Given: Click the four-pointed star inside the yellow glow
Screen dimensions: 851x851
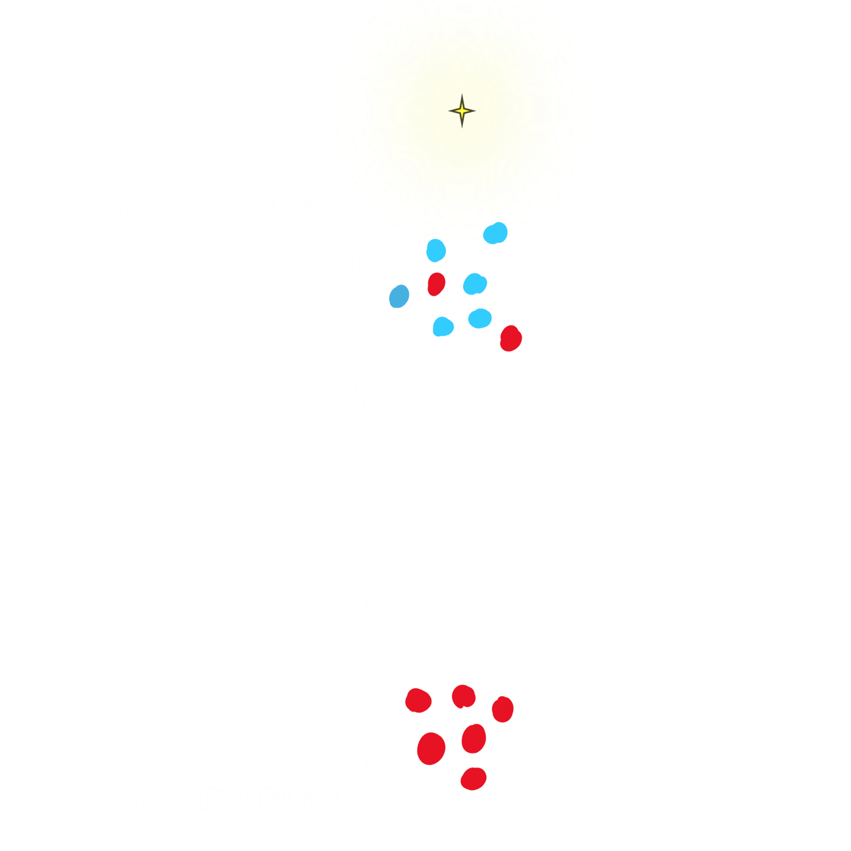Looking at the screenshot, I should pyautogui.click(x=462, y=111).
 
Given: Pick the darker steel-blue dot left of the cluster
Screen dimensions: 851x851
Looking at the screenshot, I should pyautogui.click(x=399, y=296).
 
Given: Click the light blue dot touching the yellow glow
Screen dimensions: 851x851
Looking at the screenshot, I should pyautogui.click(x=495, y=233).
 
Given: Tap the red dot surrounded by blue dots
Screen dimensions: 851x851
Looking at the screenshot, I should pyautogui.click(x=436, y=284).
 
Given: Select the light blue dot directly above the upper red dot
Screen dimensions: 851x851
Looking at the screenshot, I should pyautogui.click(x=436, y=250).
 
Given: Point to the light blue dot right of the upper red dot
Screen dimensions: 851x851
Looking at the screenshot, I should pyautogui.click(x=475, y=284).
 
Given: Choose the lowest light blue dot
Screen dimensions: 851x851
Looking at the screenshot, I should pyautogui.click(x=443, y=327).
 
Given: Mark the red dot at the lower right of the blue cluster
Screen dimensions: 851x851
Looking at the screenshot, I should pyautogui.click(x=511, y=338).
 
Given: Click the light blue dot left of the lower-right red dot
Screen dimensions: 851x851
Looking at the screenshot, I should pyautogui.click(x=480, y=318).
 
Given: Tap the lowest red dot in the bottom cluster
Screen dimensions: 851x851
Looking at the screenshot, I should pyautogui.click(x=474, y=778).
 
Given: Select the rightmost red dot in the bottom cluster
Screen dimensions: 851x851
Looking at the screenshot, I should pyautogui.click(x=503, y=709).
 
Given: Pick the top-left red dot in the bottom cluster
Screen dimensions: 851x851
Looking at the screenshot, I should pyautogui.click(x=418, y=700).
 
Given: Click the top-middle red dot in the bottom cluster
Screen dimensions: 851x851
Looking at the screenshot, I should pyautogui.click(x=464, y=696).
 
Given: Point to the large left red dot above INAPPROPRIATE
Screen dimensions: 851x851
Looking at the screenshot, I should pyautogui.click(x=431, y=748).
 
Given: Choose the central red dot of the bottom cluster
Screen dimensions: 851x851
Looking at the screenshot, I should pyautogui.click(x=474, y=739).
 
